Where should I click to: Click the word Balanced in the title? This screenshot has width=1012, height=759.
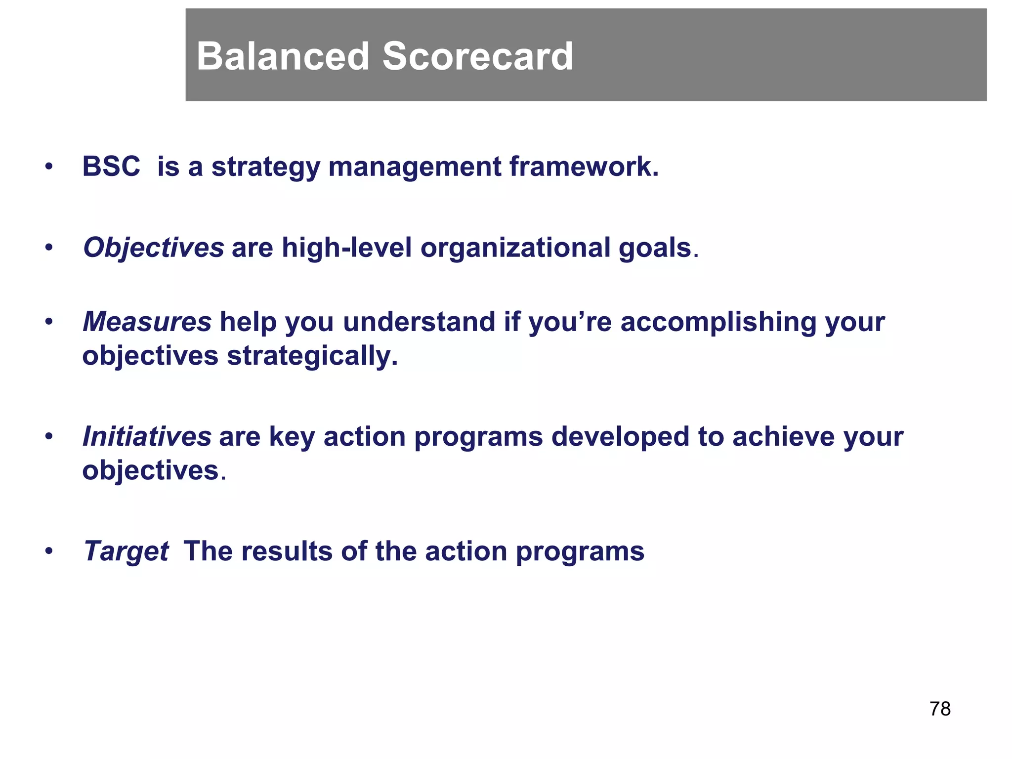click(283, 56)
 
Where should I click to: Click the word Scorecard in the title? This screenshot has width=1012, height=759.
click(477, 56)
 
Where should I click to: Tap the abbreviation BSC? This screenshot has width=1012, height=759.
click(111, 166)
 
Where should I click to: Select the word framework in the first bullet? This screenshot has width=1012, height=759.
click(584, 166)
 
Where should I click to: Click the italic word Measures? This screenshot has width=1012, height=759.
click(147, 322)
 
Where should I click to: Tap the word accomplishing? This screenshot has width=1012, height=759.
click(718, 322)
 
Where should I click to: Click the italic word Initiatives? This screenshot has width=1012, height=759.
click(147, 436)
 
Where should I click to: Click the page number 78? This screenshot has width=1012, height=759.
click(940, 709)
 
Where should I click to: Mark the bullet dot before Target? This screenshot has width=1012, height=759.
click(48, 551)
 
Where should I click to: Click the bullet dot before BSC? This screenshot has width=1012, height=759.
click(48, 167)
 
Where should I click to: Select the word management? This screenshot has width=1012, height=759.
click(415, 166)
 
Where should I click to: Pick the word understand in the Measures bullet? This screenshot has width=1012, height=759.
click(419, 322)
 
